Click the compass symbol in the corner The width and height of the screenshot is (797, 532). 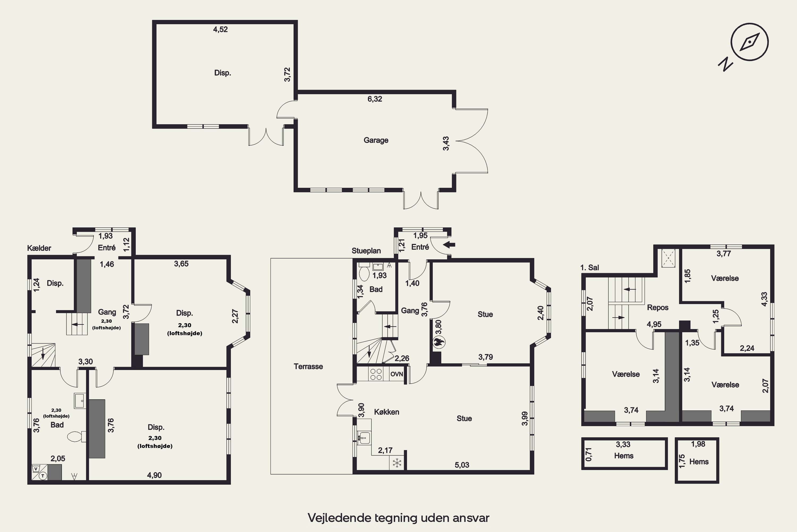pyautogui.click(x=749, y=42)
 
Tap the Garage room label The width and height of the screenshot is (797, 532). pyautogui.click(x=376, y=140)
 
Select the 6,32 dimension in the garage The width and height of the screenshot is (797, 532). pyautogui.click(x=375, y=99)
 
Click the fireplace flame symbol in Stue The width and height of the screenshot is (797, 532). pyautogui.click(x=439, y=342)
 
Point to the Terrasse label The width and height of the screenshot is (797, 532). pyautogui.click(x=308, y=367)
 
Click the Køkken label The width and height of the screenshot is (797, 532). pyautogui.click(x=386, y=412)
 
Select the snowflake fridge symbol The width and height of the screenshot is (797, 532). pyautogui.click(x=397, y=463)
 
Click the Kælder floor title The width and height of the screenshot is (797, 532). pyautogui.click(x=39, y=248)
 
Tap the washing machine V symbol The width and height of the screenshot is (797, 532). pyautogui.click(x=36, y=468)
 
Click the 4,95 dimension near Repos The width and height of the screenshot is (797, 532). pyautogui.click(x=654, y=324)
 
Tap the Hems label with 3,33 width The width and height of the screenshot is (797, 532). pyautogui.click(x=624, y=456)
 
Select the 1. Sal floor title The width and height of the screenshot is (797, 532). pyautogui.click(x=590, y=267)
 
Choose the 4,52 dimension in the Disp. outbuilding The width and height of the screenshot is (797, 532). pyautogui.click(x=220, y=29)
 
